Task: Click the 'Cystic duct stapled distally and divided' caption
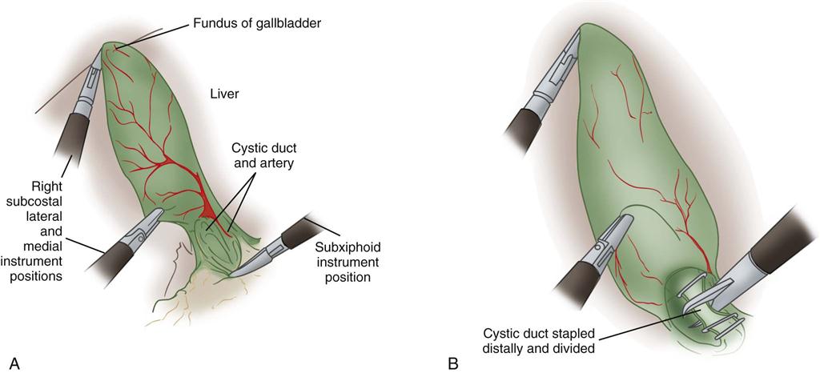tap(539, 340)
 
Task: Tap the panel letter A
tap(14, 363)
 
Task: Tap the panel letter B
tap(453, 363)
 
